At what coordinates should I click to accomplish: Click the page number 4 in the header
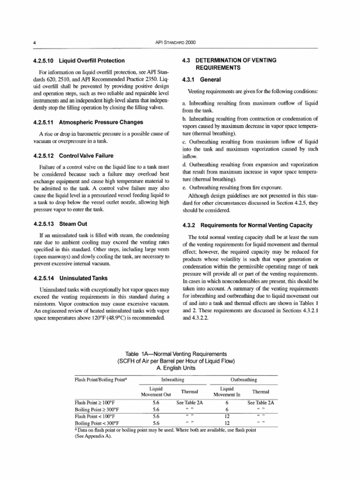point(35,42)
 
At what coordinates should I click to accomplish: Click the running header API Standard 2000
point(175,42)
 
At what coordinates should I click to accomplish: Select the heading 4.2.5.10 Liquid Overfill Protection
point(79,60)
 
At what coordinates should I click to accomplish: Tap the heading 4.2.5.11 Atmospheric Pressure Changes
point(88,122)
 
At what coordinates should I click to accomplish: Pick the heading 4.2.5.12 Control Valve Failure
point(74,156)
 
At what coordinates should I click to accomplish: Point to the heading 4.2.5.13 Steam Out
point(61,223)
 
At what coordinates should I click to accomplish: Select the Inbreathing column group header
point(172,379)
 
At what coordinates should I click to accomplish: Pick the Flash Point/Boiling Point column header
point(99,379)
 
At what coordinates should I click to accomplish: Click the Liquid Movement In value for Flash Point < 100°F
point(226,415)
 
